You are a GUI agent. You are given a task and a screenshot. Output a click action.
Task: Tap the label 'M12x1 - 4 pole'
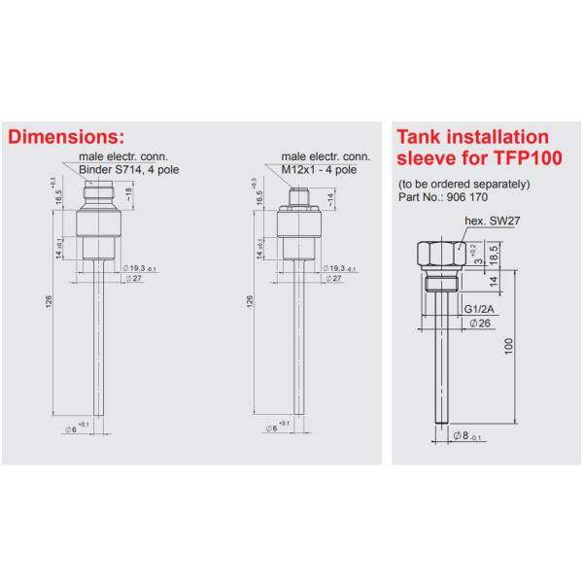[318, 169]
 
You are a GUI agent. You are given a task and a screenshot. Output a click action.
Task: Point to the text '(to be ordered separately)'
[463, 184]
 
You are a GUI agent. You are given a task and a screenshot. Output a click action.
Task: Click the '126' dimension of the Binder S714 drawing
[49, 304]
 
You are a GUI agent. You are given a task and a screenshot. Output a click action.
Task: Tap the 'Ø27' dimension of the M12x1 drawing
[334, 279]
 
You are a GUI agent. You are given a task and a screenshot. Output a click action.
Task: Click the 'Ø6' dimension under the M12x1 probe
[274, 428]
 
